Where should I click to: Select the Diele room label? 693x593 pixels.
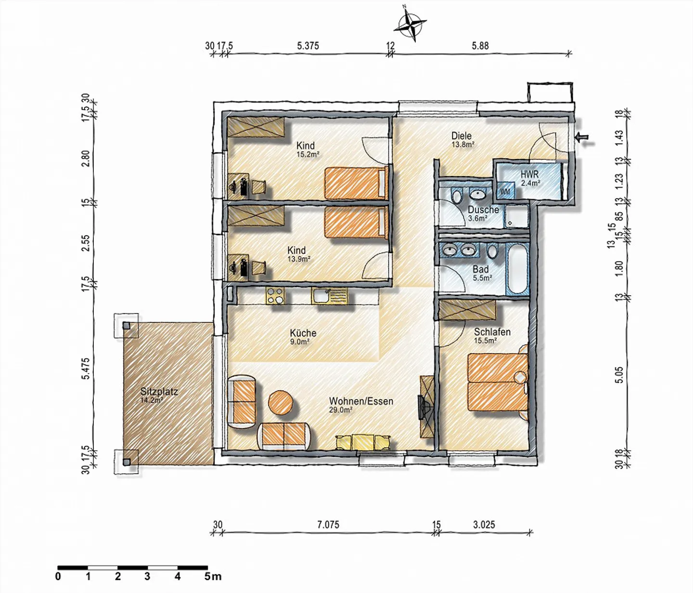461,136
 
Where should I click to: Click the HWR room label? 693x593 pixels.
529,174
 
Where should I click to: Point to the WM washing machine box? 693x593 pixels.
505,191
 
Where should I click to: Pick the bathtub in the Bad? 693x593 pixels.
518,268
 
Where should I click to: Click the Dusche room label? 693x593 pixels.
483,210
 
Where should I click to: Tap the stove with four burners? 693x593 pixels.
275,296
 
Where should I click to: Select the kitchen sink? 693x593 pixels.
329,296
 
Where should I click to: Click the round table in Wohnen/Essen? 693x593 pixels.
281,402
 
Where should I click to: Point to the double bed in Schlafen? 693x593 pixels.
497,382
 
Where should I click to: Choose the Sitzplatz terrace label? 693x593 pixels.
159,391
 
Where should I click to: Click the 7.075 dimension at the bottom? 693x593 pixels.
328,525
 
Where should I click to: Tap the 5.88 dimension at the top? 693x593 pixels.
480,46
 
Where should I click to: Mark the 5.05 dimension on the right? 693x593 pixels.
619,375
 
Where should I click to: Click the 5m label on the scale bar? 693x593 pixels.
213,576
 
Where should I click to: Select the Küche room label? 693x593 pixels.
303,333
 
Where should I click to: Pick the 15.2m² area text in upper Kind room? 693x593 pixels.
308,154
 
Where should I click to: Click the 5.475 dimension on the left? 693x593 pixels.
85,369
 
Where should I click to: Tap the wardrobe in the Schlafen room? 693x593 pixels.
467,310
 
